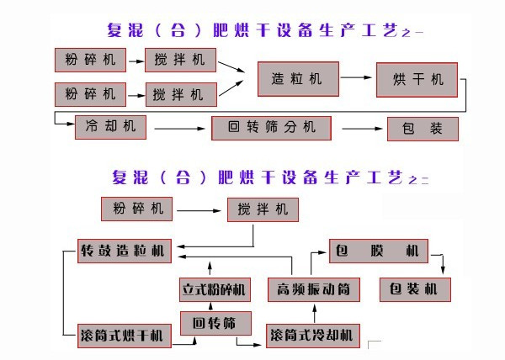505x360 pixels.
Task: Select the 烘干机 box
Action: pyautogui.click(x=417, y=79)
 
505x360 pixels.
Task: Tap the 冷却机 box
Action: pyautogui.click(x=110, y=128)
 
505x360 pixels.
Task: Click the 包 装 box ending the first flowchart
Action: pyautogui.click(x=423, y=129)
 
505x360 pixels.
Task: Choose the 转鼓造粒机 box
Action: pyautogui.click(x=124, y=251)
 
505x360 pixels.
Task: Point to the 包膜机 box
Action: pyautogui.click(x=377, y=251)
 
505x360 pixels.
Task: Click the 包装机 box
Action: pyautogui.click(x=415, y=290)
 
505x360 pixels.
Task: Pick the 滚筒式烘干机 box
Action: pyautogui.click(x=124, y=336)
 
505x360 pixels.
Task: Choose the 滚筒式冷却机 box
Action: pyautogui.click(x=314, y=336)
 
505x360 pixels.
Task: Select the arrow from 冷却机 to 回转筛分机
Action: pyautogui.click(x=181, y=129)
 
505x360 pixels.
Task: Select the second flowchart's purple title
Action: pyautogui.click(x=269, y=177)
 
